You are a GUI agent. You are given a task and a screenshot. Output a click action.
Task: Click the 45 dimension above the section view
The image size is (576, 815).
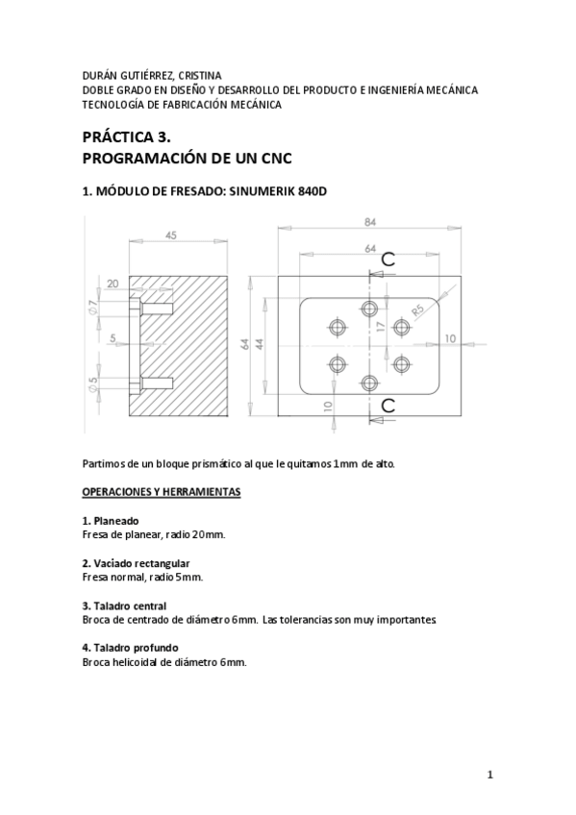point(171,234)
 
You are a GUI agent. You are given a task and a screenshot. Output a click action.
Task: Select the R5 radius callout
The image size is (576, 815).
point(418,309)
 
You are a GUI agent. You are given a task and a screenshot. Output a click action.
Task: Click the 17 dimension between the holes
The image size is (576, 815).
point(382,327)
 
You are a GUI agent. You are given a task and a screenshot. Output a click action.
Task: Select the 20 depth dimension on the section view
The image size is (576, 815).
point(113,284)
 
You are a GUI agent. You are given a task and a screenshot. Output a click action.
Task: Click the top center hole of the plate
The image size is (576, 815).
point(369,309)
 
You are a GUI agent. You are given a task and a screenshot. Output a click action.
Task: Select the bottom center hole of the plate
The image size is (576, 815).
point(369,383)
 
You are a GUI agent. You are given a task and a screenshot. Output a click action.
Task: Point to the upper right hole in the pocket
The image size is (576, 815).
point(402,327)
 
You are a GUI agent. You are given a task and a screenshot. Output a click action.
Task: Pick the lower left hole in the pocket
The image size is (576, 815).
point(338,363)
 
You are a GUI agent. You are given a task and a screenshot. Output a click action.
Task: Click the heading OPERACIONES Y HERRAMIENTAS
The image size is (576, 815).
point(161,492)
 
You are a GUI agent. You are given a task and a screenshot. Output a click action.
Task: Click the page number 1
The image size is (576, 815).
point(489,775)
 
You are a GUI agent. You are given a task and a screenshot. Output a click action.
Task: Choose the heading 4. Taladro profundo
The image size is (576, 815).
point(129,647)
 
